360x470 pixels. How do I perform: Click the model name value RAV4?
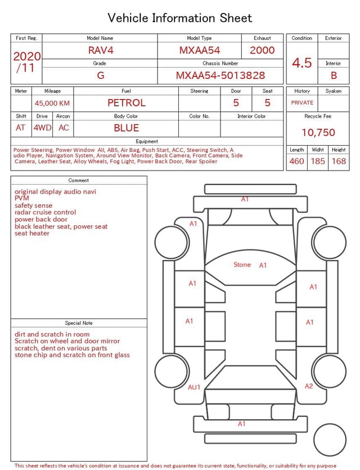point(101,50)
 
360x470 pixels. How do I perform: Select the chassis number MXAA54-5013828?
point(220,75)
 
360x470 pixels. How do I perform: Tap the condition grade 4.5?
point(302,62)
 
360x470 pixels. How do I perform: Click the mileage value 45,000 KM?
point(52,103)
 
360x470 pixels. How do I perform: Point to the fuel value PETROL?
point(127,102)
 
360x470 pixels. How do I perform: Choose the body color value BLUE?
point(126,128)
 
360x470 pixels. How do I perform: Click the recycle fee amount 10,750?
point(318,132)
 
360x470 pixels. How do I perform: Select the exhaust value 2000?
point(262,50)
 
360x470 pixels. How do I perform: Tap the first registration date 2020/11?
point(26,62)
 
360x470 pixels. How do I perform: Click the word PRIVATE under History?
point(302,102)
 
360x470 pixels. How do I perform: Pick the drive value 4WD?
point(42,128)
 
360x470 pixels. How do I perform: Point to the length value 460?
point(296,161)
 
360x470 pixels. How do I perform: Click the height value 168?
point(339,161)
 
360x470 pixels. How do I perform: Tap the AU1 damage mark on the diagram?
point(194,387)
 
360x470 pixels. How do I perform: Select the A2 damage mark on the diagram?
point(309,386)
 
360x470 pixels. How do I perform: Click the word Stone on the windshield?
point(242,265)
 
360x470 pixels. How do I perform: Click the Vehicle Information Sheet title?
point(180,18)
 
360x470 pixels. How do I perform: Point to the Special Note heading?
point(79,323)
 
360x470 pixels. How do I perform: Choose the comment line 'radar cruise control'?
point(45,212)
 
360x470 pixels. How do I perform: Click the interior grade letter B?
point(334,75)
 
